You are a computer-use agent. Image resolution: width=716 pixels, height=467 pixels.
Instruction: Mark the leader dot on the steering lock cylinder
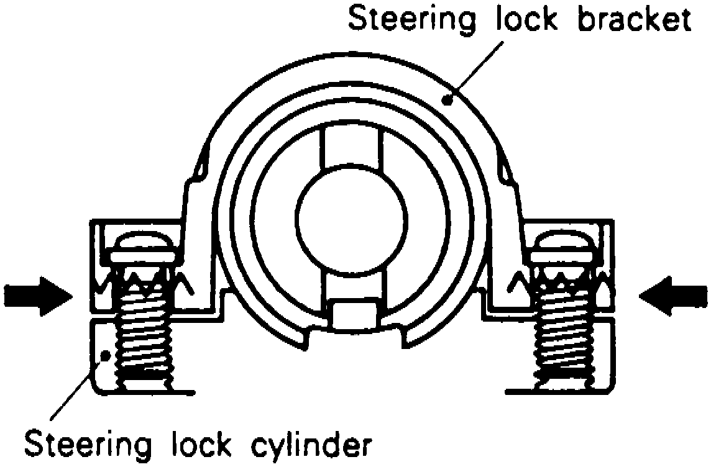(106, 356)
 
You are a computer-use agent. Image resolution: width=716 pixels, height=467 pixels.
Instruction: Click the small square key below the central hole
(352, 314)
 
